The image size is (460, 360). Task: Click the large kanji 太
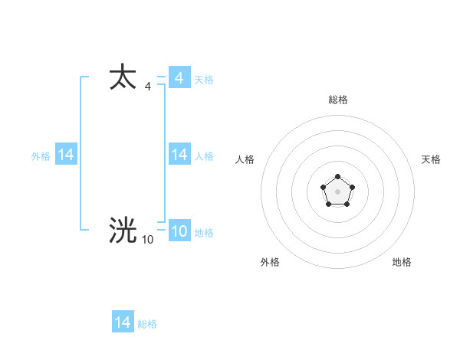pos(123,78)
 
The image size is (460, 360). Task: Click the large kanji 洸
pos(123,231)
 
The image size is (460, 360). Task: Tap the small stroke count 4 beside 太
pos(147,87)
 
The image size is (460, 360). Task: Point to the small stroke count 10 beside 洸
pos(147,240)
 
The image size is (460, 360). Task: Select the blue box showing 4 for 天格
pos(179,78)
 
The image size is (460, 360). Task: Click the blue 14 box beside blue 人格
pos(179,155)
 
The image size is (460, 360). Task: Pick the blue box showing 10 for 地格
pos(179,231)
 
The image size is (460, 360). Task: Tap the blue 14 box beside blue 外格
pos(66,155)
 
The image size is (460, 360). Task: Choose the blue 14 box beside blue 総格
pos(123,322)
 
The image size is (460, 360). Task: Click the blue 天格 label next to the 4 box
pos(204,80)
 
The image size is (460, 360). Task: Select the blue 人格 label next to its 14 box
pos(204,156)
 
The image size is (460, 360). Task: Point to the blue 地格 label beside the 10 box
pos(204,233)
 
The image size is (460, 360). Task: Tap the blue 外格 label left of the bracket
pos(41,156)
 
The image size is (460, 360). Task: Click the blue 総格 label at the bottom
pos(147,324)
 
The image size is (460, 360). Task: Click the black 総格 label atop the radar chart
pos(337,100)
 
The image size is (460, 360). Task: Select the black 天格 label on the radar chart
pos(431,159)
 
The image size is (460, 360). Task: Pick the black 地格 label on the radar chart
pos(402,262)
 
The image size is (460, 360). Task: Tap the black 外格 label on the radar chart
pos(270,262)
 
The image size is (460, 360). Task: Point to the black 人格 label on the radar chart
pos(245,159)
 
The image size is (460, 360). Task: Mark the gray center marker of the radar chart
pos(337,191)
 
